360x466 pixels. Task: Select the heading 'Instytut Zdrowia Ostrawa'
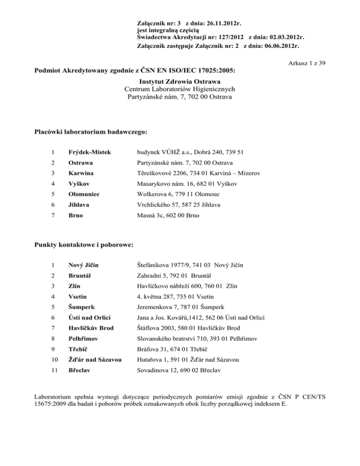(180, 81)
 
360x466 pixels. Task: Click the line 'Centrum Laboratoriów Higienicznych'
(180, 89)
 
